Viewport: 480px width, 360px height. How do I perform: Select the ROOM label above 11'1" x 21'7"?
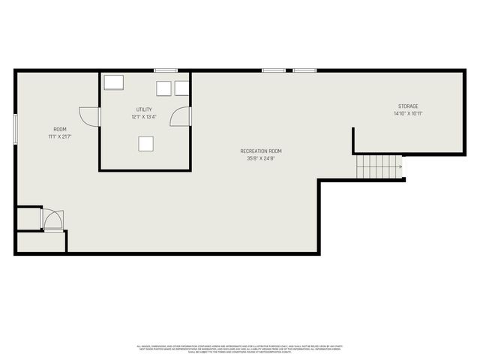(x=59, y=130)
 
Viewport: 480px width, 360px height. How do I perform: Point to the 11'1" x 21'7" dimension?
(x=59, y=137)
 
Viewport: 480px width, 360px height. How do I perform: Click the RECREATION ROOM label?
(x=261, y=151)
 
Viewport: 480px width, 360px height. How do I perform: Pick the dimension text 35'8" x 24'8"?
(x=261, y=158)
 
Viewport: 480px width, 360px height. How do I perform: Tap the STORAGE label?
(x=408, y=106)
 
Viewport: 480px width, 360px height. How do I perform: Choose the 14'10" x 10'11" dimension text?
(x=408, y=114)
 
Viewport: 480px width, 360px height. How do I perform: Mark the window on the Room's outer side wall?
(x=15, y=127)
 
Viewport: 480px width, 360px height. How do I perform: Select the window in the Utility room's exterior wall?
(x=165, y=70)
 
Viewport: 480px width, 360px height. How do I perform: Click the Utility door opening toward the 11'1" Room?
(x=90, y=117)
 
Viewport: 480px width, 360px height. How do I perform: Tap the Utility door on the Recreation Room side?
(x=181, y=117)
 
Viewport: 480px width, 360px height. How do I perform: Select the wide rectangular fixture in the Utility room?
(x=115, y=82)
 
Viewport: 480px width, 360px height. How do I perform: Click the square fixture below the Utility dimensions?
(x=146, y=144)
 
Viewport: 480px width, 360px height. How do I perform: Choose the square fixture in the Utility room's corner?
(x=181, y=88)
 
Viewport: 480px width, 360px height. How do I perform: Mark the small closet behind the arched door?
(x=28, y=218)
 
